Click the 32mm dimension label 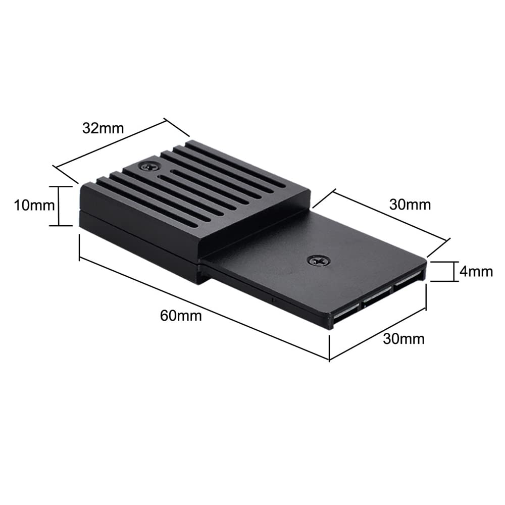pyautogui.click(x=103, y=128)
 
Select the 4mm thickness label pyautogui.click(x=476, y=271)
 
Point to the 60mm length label pyautogui.click(x=181, y=316)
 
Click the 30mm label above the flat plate pyautogui.click(x=410, y=204)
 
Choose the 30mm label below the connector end pyautogui.click(x=404, y=338)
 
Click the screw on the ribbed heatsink pyautogui.click(x=148, y=166)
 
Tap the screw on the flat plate pyautogui.click(x=319, y=260)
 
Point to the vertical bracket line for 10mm pyautogui.click(x=59, y=206)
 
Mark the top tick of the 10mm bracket pyautogui.click(x=59, y=186)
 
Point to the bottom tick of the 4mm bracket pyautogui.click(x=444, y=281)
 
